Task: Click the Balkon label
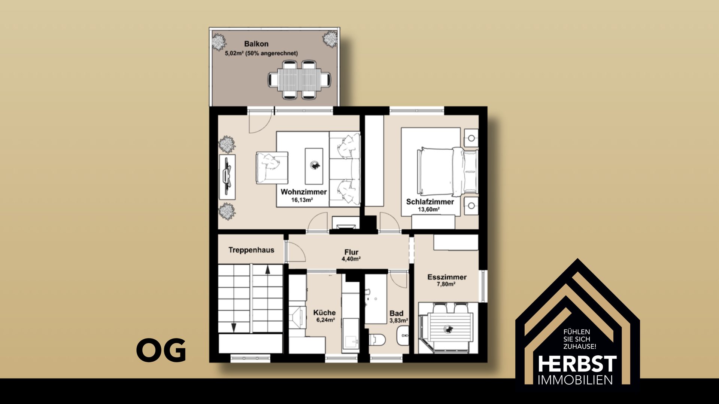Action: [256, 44]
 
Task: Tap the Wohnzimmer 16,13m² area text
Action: [302, 200]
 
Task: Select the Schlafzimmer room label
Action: [430, 202]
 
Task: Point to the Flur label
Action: [351, 252]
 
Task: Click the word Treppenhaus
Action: [251, 250]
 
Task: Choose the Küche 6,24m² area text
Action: [325, 320]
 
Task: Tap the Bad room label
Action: [396, 313]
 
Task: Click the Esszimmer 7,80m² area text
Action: [446, 284]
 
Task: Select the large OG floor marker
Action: [161, 350]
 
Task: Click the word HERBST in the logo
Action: [577, 364]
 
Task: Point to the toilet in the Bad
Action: [377, 340]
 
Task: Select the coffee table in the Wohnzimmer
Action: [314, 166]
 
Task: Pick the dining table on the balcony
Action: [299, 80]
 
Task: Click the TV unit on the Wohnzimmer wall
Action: [227, 177]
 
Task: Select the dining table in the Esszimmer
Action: [448, 328]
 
